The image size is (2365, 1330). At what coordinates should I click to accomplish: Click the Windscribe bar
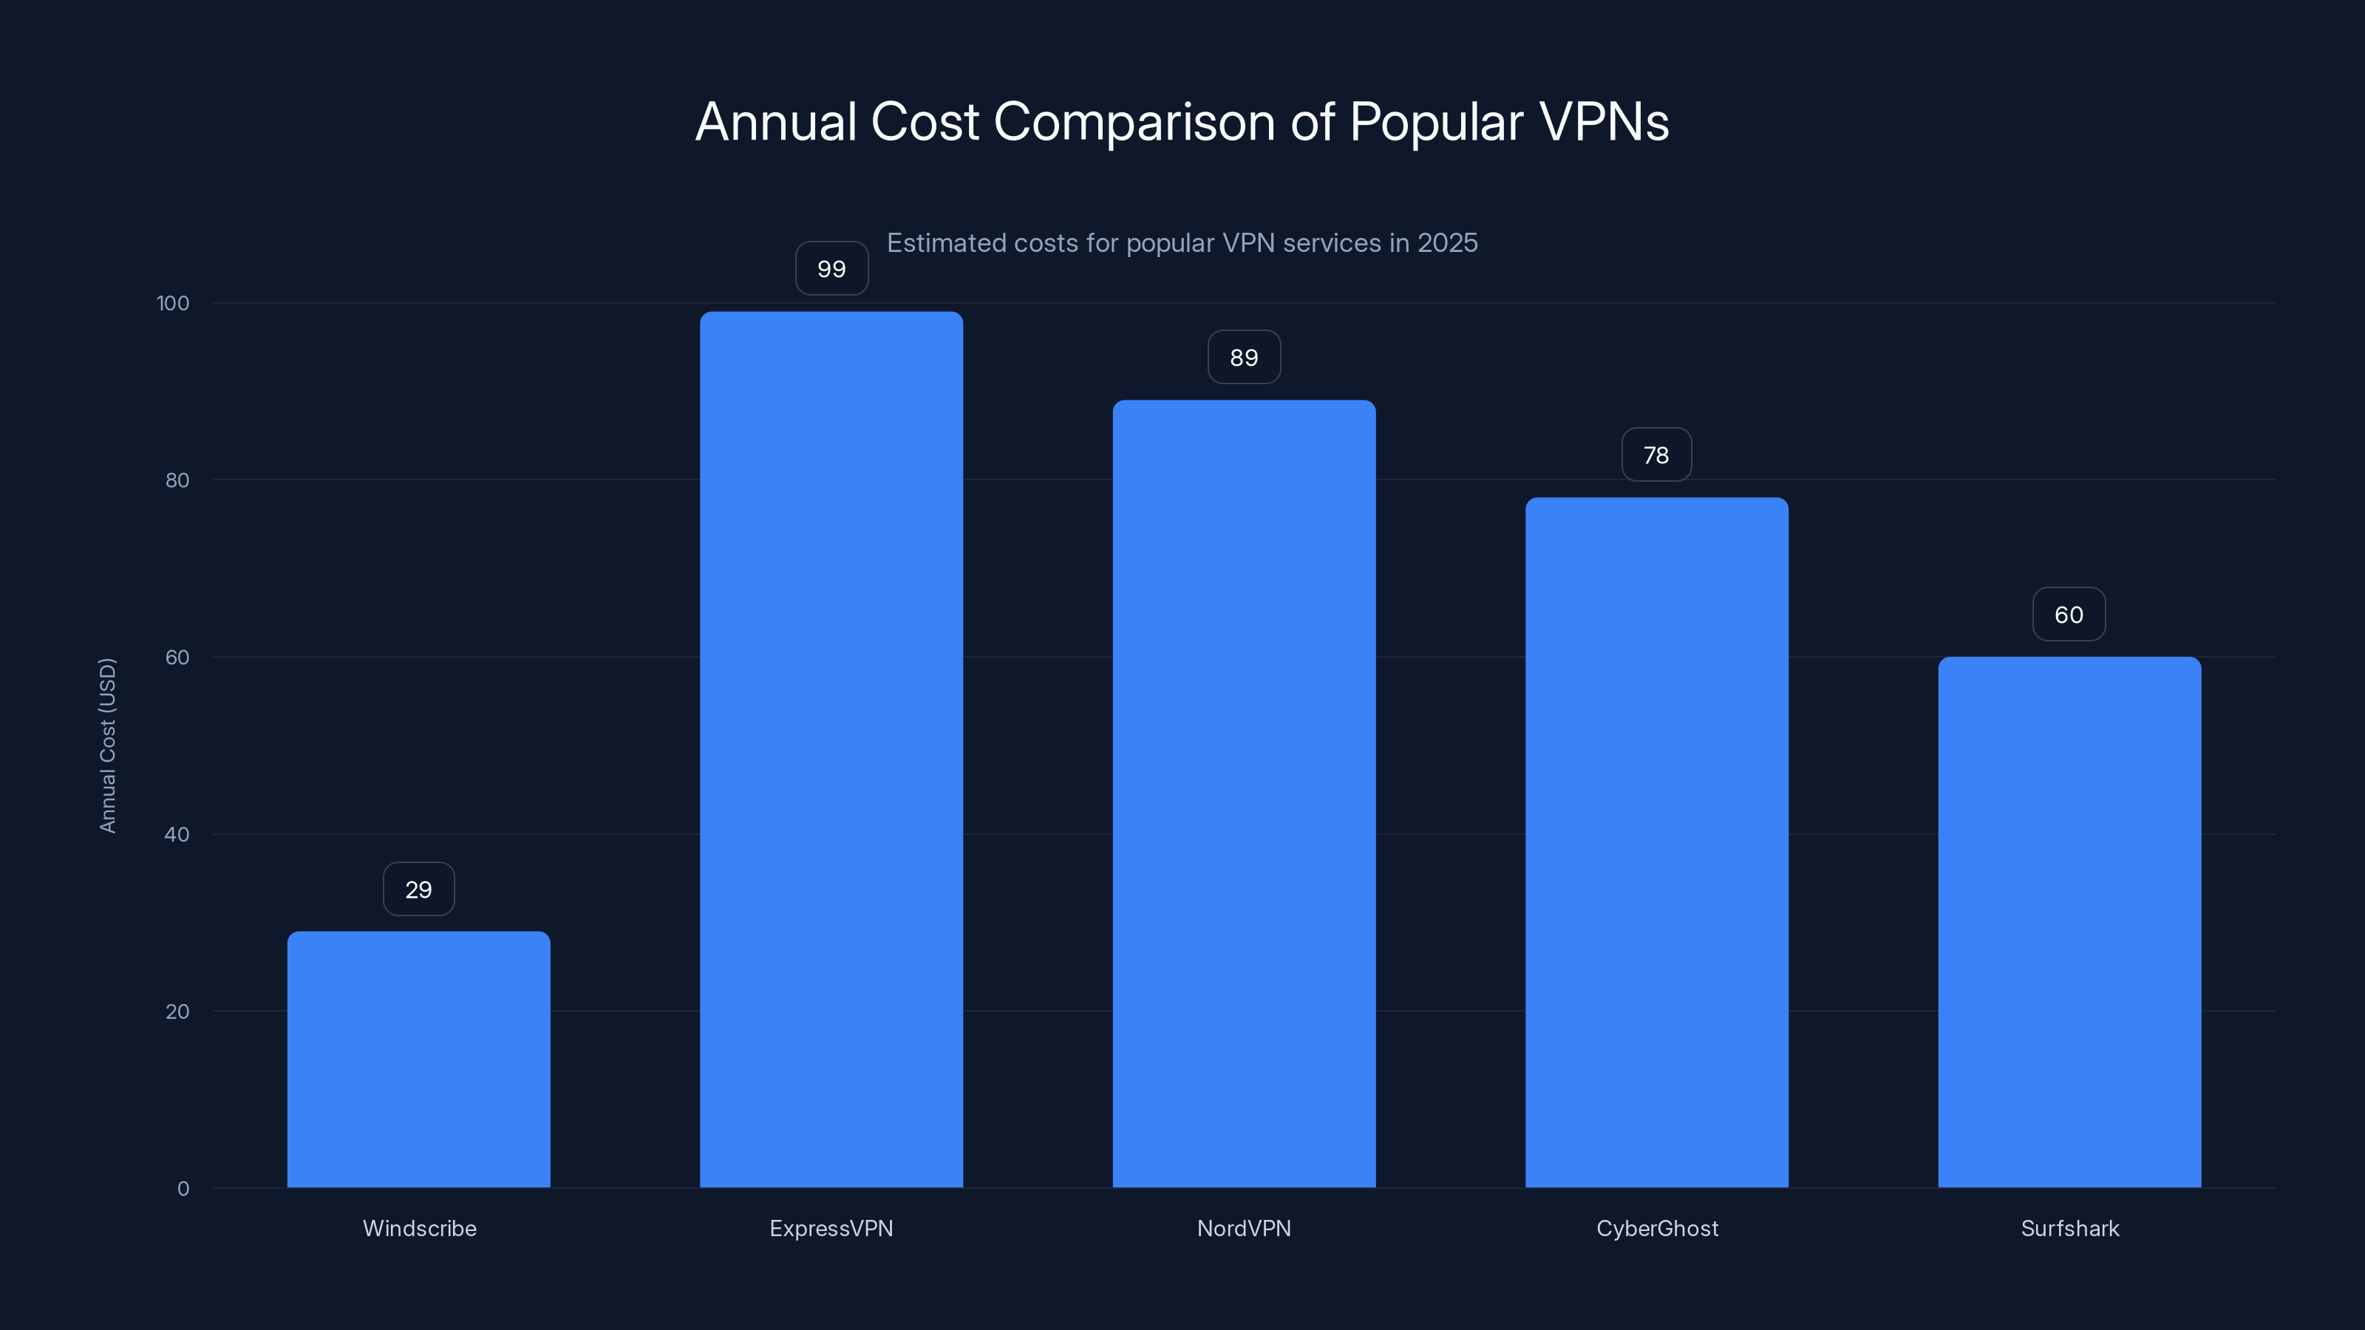[418, 1060]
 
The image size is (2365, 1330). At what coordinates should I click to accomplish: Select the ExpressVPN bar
[831, 749]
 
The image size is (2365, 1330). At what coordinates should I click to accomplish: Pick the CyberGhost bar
[1656, 842]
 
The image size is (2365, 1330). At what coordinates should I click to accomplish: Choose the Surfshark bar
[2069, 921]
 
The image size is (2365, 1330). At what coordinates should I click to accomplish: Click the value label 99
[831, 269]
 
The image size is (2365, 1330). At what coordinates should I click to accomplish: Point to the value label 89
[1244, 357]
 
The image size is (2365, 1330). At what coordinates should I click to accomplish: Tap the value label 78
[1656, 455]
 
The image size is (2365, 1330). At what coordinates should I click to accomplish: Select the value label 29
[418, 890]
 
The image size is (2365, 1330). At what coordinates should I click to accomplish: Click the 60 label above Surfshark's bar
[2069, 615]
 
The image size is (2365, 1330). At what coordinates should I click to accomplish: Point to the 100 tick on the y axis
[173, 303]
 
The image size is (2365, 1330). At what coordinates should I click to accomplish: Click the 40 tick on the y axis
[177, 834]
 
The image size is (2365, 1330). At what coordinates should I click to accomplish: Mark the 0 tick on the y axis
[183, 1189]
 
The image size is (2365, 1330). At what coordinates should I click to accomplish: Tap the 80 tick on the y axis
[177, 480]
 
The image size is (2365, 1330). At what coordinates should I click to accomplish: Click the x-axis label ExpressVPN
[831, 1228]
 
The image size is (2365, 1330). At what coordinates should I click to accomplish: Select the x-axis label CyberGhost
[1657, 1228]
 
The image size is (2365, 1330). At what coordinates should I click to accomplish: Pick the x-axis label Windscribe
[420, 1228]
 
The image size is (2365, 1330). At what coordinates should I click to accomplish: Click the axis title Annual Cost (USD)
[107, 746]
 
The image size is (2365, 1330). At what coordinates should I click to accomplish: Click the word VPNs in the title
[1603, 122]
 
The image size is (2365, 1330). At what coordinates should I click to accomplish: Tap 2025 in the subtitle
[1447, 243]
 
